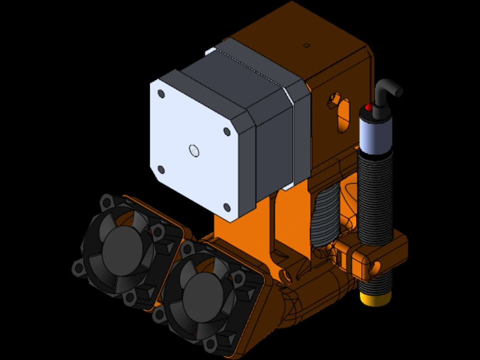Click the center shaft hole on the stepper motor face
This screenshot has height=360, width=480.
click(194, 151)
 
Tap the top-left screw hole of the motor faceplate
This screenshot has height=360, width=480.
click(161, 94)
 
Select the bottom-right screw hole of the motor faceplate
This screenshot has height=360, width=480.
click(227, 207)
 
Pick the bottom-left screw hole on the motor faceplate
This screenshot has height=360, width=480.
click(161, 169)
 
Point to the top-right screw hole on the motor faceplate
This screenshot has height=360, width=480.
click(227, 131)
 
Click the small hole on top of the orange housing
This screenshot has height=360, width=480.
click(306, 46)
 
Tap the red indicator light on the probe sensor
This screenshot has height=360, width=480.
click(368, 107)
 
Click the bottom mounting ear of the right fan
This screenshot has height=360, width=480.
click(210, 344)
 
